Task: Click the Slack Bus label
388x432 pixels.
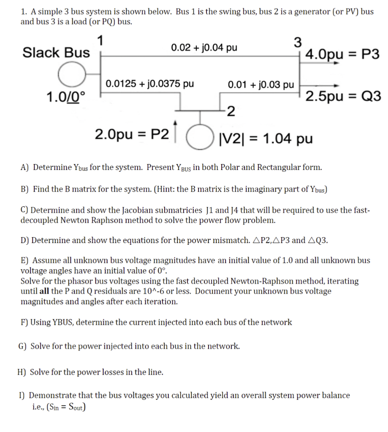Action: pyautogui.click(x=56, y=53)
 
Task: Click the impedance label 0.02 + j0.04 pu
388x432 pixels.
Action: pyautogui.click(x=204, y=47)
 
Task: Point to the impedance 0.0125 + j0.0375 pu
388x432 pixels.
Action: pyautogui.click(x=149, y=83)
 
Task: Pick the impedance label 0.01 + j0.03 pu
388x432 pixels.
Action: pyautogui.click(x=260, y=84)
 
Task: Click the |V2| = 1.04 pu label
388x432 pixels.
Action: pyautogui.click(x=266, y=138)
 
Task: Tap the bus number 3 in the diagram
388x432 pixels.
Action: pyautogui.click(x=298, y=43)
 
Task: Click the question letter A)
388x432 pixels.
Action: pyautogui.click(x=24, y=167)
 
